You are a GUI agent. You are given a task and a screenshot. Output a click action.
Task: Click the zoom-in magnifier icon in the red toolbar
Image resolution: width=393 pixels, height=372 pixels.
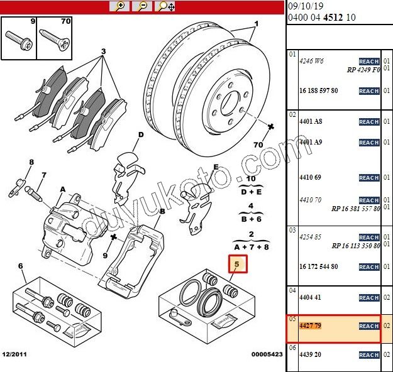(x=119, y=6)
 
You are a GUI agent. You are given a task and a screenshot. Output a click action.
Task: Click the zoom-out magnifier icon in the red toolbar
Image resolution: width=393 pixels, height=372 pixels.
(x=142, y=6)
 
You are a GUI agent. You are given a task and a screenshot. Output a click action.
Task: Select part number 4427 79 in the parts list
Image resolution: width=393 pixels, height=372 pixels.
(x=310, y=325)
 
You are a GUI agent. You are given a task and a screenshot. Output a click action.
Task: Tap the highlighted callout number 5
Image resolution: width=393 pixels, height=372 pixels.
(x=237, y=264)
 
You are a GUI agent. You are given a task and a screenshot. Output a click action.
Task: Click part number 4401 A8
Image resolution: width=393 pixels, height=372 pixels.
(x=311, y=121)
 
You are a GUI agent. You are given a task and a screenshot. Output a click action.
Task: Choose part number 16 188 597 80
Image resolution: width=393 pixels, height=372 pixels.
(x=319, y=90)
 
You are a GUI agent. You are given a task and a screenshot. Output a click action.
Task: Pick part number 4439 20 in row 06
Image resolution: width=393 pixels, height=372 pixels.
(x=310, y=354)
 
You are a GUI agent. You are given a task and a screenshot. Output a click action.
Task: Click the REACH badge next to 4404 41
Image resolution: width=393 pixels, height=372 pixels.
(x=369, y=298)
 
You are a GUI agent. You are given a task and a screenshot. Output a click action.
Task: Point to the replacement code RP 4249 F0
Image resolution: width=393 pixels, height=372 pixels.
(x=363, y=70)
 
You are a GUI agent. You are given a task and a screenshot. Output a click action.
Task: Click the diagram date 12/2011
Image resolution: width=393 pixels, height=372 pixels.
(x=14, y=354)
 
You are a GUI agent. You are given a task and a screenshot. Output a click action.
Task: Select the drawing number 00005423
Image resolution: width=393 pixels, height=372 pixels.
(x=267, y=354)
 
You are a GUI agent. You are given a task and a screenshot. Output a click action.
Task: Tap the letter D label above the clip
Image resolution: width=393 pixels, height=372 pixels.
(x=141, y=134)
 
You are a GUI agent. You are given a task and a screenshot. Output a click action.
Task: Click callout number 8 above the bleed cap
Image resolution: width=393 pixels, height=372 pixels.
(x=31, y=162)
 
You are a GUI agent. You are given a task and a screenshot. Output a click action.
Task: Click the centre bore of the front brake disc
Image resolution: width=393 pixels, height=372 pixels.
(x=230, y=104)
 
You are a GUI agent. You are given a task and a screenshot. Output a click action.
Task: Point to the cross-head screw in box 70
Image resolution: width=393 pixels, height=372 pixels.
(x=54, y=40)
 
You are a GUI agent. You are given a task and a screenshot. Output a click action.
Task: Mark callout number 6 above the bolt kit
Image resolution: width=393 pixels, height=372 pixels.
(x=21, y=266)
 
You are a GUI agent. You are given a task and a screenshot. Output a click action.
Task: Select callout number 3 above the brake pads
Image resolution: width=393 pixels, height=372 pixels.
(x=104, y=52)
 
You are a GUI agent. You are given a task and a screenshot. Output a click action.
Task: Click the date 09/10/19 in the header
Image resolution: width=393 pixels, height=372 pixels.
(x=306, y=6)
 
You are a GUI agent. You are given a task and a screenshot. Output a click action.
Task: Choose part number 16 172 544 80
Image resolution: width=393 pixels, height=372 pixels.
(x=319, y=266)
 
